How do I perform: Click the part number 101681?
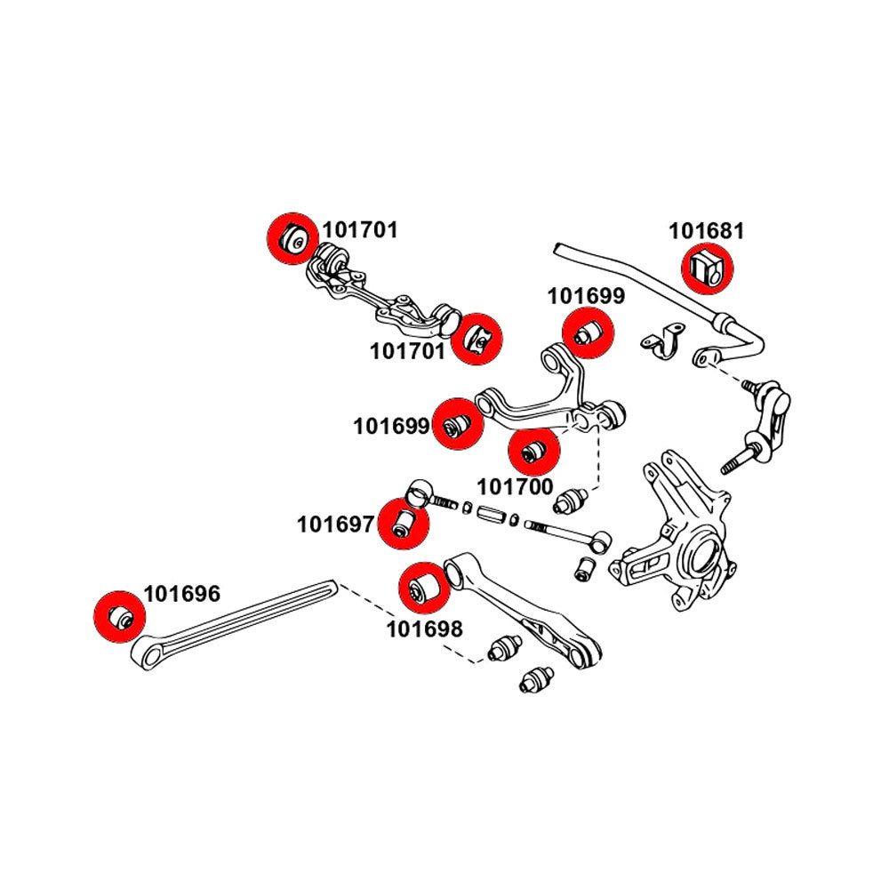[706, 231]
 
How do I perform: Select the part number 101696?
[181, 593]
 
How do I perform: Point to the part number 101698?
[424, 629]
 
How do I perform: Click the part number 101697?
[335, 525]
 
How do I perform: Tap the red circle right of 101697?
[404, 524]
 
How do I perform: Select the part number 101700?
[516, 486]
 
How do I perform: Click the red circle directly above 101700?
[533, 451]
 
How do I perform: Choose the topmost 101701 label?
[360, 230]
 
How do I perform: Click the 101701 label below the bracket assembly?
[408, 351]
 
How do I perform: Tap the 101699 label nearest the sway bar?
[586, 296]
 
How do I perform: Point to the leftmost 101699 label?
[391, 426]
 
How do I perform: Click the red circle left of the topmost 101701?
[292, 238]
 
